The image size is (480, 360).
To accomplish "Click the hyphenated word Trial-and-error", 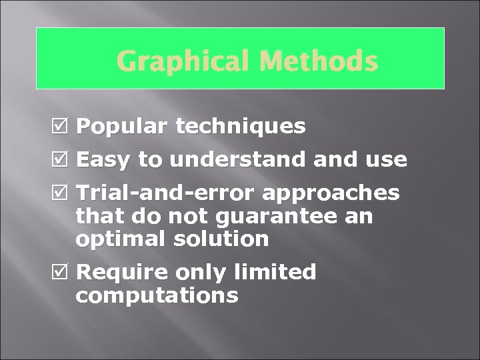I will [166, 193].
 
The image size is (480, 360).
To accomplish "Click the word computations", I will [157, 295].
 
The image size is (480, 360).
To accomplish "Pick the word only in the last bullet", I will [202, 273].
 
